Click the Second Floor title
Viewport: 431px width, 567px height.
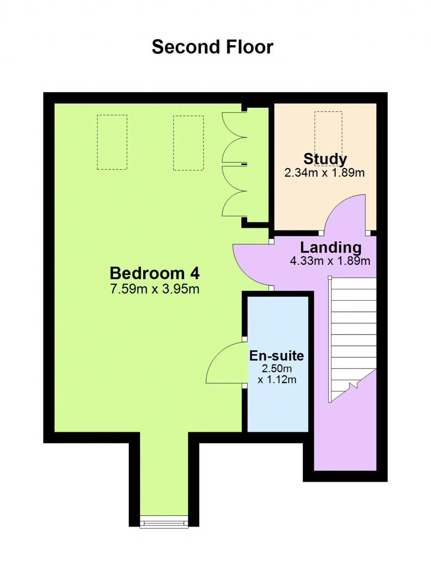[212, 47]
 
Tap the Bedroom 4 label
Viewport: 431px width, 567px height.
[155, 273]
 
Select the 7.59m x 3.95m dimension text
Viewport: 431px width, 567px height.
[155, 289]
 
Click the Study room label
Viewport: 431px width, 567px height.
[325, 159]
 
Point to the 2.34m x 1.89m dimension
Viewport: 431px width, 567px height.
[325, 172]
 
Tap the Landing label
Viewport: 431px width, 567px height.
[331, 248]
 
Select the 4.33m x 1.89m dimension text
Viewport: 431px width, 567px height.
[330, 261]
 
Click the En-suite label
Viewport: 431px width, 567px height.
[276, 356]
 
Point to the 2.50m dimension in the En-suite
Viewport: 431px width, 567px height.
[277, 368]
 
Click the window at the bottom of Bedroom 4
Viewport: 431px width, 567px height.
[164, 522]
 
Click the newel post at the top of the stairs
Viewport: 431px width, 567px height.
[330, 278]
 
